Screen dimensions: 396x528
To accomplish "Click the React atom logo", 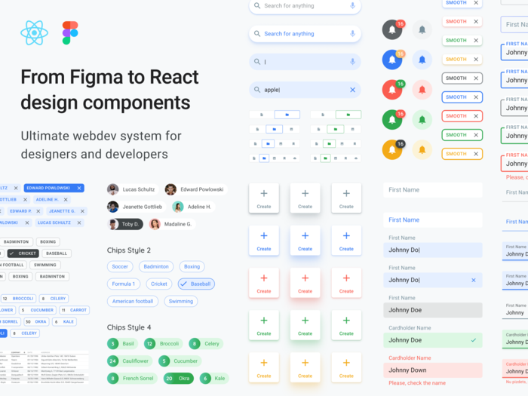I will (x=35, y=32).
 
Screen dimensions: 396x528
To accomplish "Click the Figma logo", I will (x=70, y=32).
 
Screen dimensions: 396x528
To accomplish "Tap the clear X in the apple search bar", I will (x=352, y=90).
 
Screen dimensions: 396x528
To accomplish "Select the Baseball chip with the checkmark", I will (x=196, y=284).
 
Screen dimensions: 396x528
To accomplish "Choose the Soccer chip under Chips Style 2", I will (x=120, y=266).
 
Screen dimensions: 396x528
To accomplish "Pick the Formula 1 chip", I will (x=123, y=284).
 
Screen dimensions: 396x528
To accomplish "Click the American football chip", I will (x=133, y=301).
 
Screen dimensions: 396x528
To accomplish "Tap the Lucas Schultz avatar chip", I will (x=131, y=189).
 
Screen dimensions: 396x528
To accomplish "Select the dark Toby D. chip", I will (x=124, y=224).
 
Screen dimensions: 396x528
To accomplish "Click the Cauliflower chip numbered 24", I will (x=129, y=361).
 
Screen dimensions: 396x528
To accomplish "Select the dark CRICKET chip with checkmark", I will (x=22, y=253).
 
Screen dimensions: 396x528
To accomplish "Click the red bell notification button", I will (x=391, y=90).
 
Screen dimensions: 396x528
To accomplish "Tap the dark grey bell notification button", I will (x=391, y=30).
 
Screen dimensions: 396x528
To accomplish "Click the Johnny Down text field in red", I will (x=432, y=370).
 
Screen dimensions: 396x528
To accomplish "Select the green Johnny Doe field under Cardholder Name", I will (x=432, y=340).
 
